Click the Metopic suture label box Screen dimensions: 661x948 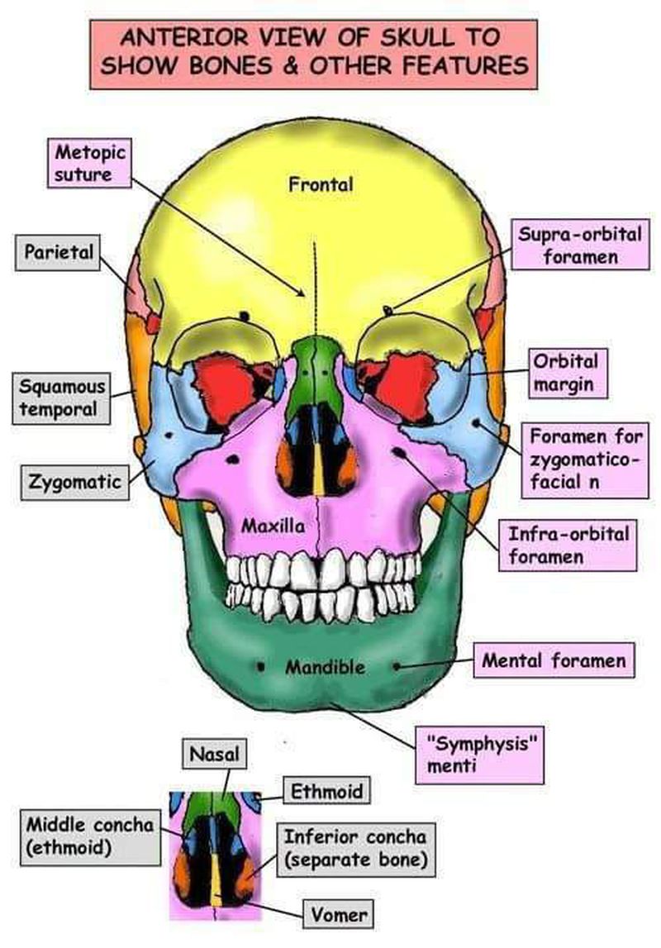[89, 164]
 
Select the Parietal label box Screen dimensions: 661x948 [58, 252]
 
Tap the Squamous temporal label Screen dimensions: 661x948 [62, 398]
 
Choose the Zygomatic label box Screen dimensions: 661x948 [75, 482]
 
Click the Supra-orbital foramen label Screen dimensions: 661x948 [580, 245]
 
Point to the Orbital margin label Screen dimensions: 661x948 [568, 373]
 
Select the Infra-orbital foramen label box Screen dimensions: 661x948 [568, 545]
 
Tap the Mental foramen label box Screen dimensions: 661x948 [554, 660]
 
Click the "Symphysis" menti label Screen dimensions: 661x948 [480, 755]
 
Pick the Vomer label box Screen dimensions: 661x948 [339, 915]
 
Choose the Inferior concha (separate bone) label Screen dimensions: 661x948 [356, 849]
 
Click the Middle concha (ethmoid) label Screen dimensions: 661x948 [90, 836]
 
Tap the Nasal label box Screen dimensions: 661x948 [215, 754]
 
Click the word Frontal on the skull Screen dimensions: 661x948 [321, 184]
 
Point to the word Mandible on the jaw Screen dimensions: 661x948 [325, 668]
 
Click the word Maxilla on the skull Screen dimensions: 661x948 [273, 526]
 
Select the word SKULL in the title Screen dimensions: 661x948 [416, 37]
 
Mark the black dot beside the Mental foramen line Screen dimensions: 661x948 [396, 666]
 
